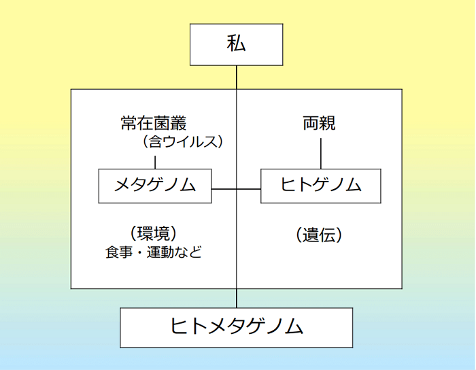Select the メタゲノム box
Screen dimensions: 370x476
pyautogui.click(x=155, y=186)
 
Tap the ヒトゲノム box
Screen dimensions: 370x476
pyautogui.click(x=320, y=186)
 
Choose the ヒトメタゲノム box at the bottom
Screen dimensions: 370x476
pyautogui.click(x=237, y=327)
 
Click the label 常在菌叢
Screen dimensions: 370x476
pyautogui.click(x=154, y=124)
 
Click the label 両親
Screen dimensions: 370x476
pyautogui.click(x=320, y=124)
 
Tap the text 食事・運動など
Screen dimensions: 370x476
pyautogui.click(x=154, y=252)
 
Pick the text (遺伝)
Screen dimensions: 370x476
pyautogui.click(x=319, y=235)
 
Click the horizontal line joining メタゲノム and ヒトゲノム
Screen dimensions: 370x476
pyautogui.click(x=236, y=188)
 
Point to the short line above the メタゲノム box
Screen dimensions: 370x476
pyautogui.click(x=155, y=163)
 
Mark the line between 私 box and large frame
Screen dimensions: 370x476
pyautogui.click(x=237, y=76)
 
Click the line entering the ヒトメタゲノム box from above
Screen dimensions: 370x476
pyautogui.click(x=237, y=298)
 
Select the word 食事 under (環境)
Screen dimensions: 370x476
pyautogui.click(x=118, y=252)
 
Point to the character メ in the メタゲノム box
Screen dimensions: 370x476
pyautogui.click(x=123, y=186)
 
